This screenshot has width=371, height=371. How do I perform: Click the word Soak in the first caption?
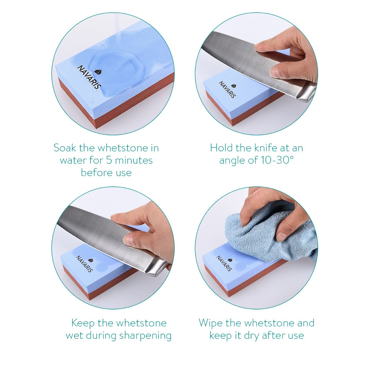65,148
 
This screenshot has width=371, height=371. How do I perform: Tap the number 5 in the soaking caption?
109,160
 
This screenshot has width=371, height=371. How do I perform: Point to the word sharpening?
145,336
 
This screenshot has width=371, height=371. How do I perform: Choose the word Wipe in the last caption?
211,323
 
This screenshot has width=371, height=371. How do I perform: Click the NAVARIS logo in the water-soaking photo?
89,77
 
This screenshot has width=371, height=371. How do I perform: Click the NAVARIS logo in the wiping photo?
224,263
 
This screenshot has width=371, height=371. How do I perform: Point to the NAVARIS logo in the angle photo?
228,90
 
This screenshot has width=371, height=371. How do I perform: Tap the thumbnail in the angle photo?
275,72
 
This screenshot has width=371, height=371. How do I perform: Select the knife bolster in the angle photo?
306,92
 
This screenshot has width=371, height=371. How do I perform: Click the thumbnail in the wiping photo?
281,237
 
